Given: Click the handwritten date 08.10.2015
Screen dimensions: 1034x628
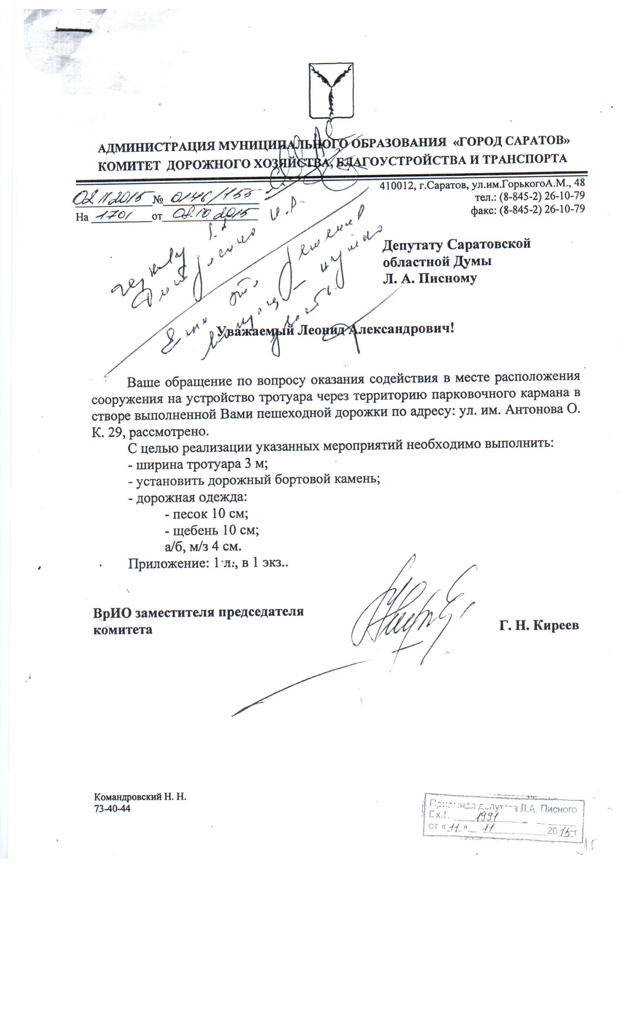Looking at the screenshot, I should point(210,215).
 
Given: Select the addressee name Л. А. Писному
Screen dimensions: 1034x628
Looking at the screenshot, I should point(429,278).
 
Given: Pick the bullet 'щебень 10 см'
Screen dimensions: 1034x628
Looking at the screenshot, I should point(212,530).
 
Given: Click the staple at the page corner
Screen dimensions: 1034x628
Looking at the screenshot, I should point(74,30).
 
